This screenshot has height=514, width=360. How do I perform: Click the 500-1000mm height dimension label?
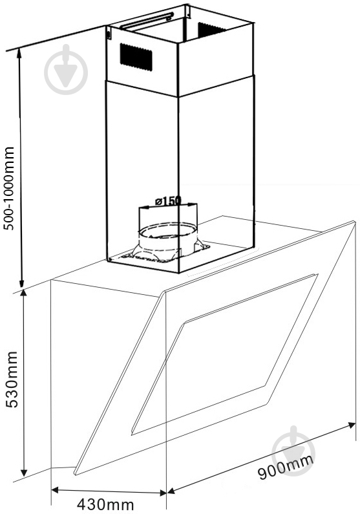tap(10, 188)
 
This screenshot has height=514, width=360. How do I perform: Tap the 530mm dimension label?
tap(12, 380)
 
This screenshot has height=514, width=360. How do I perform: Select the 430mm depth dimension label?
tap(105, 505)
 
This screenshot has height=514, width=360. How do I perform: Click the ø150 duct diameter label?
tap(168, 200)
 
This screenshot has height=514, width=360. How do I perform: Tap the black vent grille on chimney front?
tap(136, 57)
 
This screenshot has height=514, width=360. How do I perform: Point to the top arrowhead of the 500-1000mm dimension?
tap(19, 52)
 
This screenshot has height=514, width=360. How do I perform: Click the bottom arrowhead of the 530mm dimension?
tap(23, 473)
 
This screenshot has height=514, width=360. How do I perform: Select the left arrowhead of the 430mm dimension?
tap(55, 490)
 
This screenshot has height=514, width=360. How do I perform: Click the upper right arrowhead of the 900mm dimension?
tap(352, 425)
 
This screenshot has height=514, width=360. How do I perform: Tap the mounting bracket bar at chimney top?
tap(147, 20)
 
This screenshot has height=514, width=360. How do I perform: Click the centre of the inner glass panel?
tap(225, 354)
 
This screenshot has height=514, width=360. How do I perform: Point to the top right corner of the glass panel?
tap(355, 222)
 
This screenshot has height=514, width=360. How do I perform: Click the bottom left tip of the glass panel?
tap(74, 474)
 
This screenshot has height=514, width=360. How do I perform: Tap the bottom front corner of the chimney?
tap(178, 273)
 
